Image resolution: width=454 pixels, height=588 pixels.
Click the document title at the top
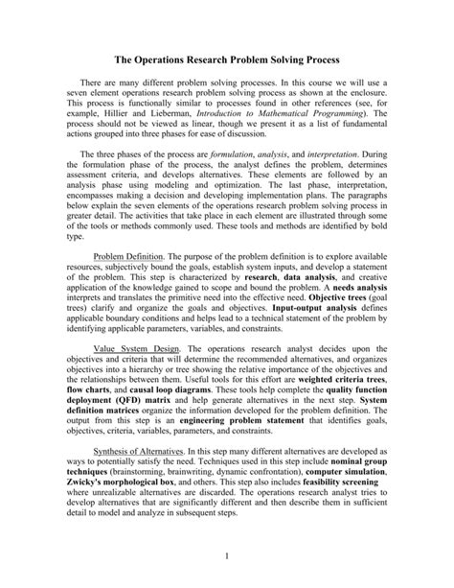click(x=227, y=59)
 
